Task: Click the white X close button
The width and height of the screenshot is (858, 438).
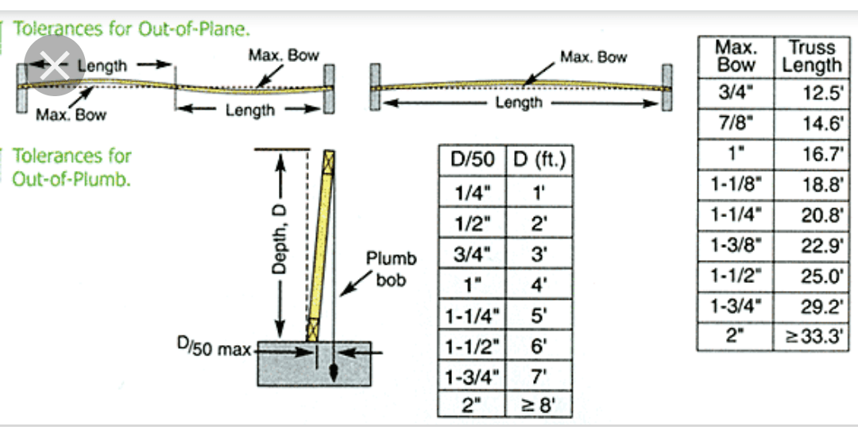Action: (53, 66)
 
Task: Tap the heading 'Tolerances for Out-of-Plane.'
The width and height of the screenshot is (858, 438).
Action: (132, 29)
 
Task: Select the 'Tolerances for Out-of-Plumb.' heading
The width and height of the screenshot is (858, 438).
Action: (71, 167)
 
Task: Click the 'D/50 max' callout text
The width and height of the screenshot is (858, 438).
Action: (213, 347)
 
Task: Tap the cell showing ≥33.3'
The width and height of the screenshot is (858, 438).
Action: (811, 335)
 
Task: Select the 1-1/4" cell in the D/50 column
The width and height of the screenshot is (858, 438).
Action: (472, 315)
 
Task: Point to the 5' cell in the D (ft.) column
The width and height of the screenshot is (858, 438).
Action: (539, 315)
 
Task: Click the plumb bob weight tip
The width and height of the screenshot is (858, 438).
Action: (334, 372)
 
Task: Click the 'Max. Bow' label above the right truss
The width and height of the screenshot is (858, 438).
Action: (593, 57)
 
